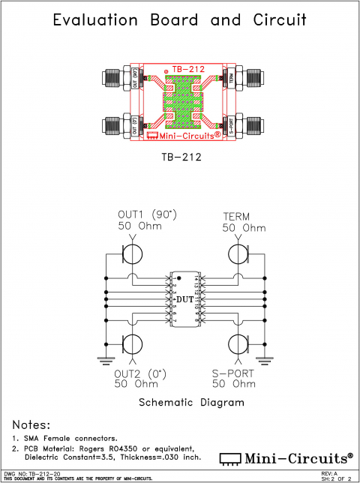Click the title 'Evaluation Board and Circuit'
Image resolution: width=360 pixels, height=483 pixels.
[179, 20]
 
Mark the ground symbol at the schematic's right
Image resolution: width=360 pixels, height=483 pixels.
[263, 360]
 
